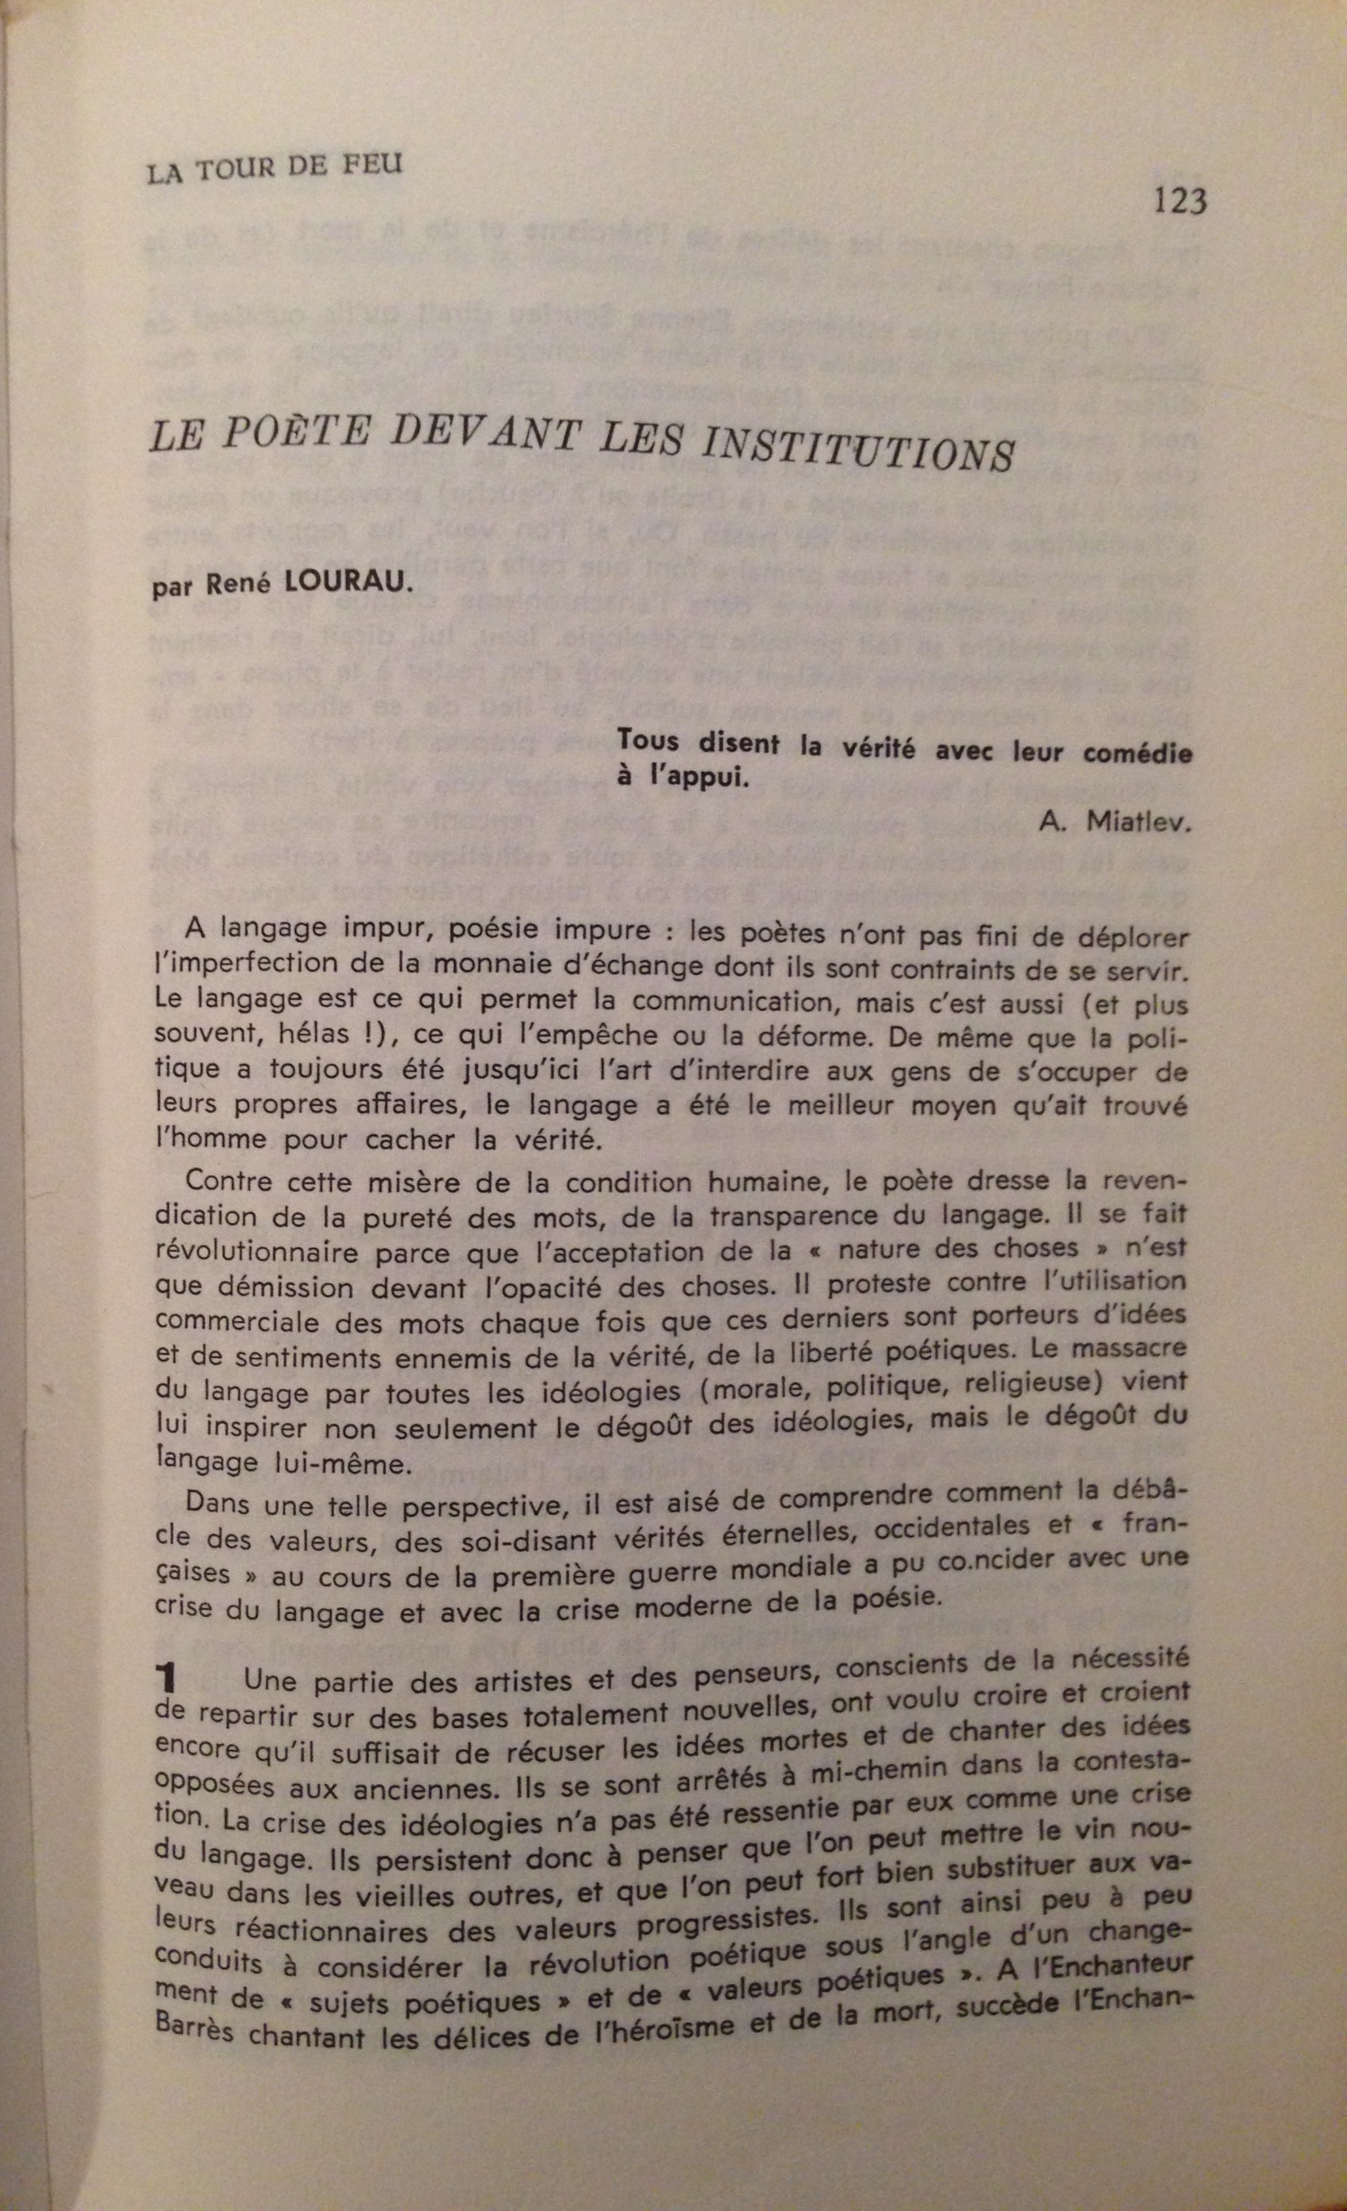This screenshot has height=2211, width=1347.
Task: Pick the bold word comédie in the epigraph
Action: pyautogui.click(x=1137, y=752)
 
